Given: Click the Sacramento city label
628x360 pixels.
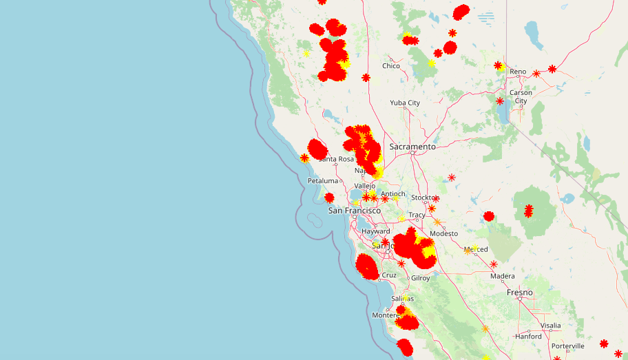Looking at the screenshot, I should click(412, 147).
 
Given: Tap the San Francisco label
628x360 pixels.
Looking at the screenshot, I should click(354, 211).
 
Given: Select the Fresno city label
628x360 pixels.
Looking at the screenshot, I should click(520, 293).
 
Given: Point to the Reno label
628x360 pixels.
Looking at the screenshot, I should click(518, 72).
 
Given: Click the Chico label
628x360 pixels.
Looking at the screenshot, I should click(391, 66).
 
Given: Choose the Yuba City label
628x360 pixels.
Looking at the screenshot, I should click(405, 103).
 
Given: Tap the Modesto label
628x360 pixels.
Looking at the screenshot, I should click(443, 234).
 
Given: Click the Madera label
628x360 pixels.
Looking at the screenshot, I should click(503, 277).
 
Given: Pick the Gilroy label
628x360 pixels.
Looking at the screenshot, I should click(420, 278).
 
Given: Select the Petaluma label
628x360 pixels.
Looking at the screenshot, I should click(323, 181).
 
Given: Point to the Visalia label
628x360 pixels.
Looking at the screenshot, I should click(551, 326).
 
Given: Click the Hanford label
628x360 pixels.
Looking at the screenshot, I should click(528, 337).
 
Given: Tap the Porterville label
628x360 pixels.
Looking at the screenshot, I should click(568, 346).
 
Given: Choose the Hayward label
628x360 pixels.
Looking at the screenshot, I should click(376, 232).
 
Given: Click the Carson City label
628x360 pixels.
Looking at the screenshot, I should click(521, 96).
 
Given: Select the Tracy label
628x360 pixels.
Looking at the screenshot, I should click(417, 215).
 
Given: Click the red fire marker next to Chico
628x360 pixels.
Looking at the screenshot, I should click(366, 78).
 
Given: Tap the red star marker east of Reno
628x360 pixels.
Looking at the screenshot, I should click(552, 69).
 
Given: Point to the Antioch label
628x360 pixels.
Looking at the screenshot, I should click(393, 194).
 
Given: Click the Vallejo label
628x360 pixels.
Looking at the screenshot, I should click(365, 186).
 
